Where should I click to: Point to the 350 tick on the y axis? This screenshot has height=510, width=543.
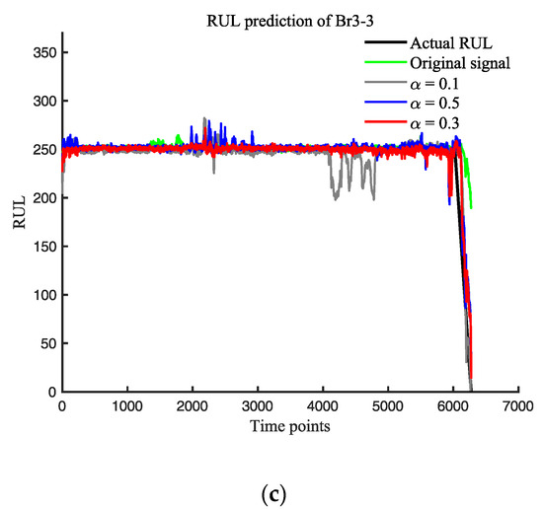click(x=43, y=52)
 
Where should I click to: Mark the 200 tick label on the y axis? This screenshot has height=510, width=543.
click(x=43, y=197)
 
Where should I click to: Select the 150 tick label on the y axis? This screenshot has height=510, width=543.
click(x=43, y=246)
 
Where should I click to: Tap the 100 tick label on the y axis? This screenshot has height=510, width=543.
click(x=43, y=294)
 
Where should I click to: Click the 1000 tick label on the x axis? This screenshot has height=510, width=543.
click(x=126, y=405)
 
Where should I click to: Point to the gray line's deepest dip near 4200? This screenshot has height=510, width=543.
click(x=335, y=200)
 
